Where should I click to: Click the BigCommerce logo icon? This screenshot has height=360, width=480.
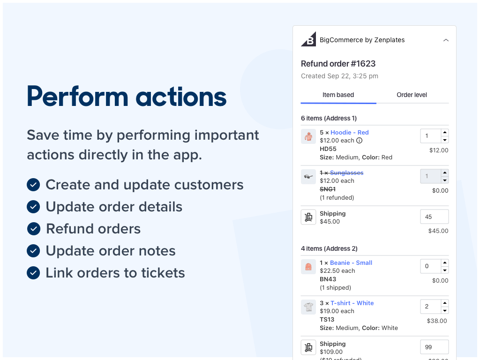tap(308, 39)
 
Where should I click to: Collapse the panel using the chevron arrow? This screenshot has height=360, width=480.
tap(446, 40)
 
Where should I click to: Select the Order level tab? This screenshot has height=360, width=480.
tap(412, 95)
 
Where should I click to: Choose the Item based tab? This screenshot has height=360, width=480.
tap(338, 95)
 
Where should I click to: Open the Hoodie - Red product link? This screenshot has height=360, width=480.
tap(349, 133)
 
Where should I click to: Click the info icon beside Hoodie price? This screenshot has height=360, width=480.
tap(360, 141)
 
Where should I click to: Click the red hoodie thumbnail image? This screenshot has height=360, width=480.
tap(308, 136)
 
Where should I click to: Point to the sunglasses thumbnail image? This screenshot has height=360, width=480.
tap(308, 177)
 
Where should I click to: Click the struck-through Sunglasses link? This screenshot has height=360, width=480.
tap(346, 173)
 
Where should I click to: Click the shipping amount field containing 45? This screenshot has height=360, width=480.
tap(434, 217)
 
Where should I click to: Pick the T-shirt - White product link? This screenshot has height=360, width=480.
tap(352, 303)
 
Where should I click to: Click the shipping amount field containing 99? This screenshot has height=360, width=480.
tap(434, 347)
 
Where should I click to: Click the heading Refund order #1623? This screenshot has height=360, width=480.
tap(338, 64)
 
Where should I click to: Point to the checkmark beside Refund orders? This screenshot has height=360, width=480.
tap(33, 229)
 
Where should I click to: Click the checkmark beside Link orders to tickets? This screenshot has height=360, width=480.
tap(33, 273)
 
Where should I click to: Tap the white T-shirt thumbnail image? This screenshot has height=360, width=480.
tap(308, 307)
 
